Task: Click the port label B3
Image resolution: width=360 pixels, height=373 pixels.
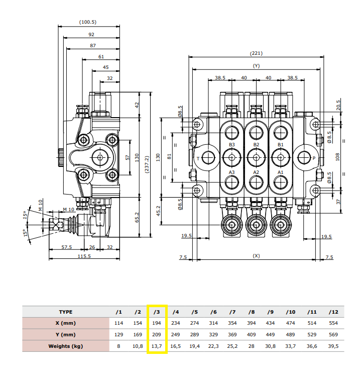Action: coord(232,145)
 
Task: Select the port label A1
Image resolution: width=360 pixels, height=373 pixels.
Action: coord(281,172)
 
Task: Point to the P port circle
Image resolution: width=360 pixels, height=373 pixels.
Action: coord(306,158)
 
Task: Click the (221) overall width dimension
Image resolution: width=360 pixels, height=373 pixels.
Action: coord(256,53)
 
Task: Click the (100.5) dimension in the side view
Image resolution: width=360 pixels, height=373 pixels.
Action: coord(88,22)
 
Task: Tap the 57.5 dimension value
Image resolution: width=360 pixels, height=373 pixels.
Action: coord(67,247)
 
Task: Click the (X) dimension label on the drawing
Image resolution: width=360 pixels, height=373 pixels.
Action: coord(256,256)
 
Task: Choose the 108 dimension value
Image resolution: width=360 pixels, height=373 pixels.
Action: coord(338,156)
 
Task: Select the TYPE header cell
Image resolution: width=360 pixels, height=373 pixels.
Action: coord(66,312)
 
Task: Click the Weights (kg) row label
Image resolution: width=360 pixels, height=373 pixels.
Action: coord(66,346)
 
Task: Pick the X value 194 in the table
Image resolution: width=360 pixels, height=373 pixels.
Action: coord(156,323)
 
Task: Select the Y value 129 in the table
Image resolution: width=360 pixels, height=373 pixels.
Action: coord(119,334)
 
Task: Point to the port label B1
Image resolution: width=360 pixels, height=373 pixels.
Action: coord(281,145)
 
